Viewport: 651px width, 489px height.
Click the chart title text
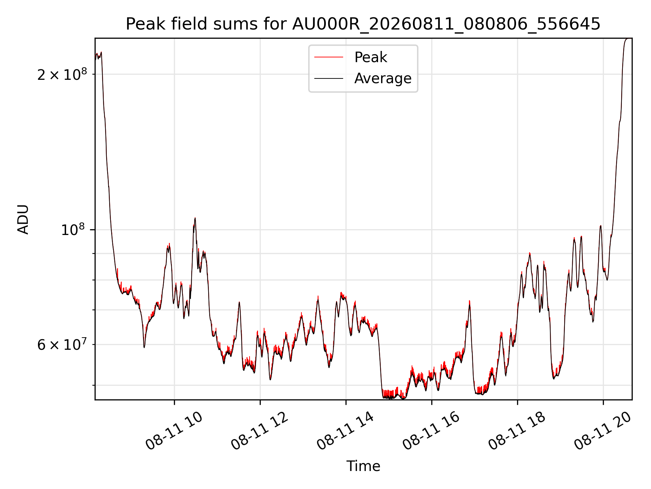(x=363, y=24)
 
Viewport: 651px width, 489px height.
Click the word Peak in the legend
(x=371, y=57)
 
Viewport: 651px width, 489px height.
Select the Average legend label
(x=383, y=78)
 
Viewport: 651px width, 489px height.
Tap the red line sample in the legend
(x=329, y=57)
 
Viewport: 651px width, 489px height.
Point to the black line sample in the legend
(x=329, y=78)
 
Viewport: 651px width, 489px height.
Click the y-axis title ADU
(x=23, y=219)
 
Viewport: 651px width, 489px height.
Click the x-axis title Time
(x=363, y=466)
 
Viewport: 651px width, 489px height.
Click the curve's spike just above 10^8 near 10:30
(x=195, y=218)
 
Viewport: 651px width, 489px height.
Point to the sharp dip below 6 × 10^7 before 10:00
(x=144, y=347)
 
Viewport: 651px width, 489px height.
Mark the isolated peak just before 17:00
(x=470, y=301)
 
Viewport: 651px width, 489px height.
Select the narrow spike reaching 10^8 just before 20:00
(x=600, y=226)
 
